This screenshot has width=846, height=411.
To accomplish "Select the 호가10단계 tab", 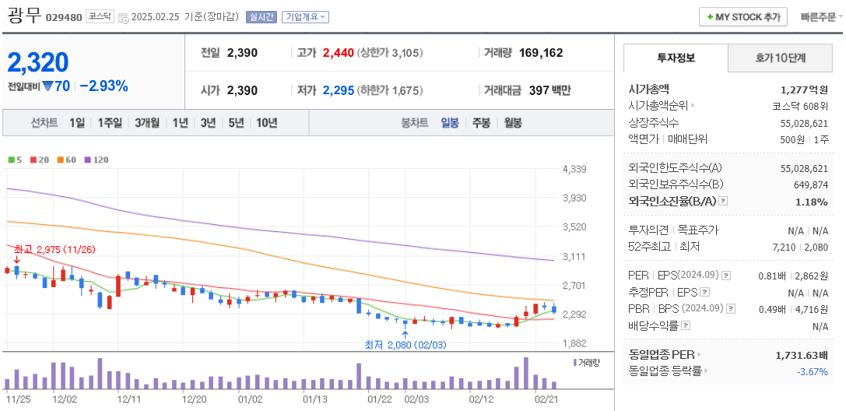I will point(780,58).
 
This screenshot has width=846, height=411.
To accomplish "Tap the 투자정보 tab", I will point(676,58).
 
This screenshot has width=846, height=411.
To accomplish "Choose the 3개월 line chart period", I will point(146,122).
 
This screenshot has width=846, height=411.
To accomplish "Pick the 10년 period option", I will point(266,122).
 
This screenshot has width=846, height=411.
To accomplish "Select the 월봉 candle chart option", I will point(512,122).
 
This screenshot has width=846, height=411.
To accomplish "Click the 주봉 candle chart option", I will point(481,122).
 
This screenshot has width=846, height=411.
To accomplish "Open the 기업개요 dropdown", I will point(305,16).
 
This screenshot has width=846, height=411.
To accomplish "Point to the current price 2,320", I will point(38,62).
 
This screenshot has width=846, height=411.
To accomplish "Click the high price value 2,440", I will point(338,53).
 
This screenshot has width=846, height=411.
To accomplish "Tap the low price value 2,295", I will point(338,90).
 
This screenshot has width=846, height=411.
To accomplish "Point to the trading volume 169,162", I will point(540,53).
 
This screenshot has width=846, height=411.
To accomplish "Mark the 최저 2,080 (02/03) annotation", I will point(405,344).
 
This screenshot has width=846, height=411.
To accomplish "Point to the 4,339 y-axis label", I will point(574,169).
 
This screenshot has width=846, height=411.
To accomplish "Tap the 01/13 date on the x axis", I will point(315,399).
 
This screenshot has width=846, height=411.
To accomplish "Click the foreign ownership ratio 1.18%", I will point(812,202).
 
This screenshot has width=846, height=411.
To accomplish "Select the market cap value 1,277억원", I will point(804,90).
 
